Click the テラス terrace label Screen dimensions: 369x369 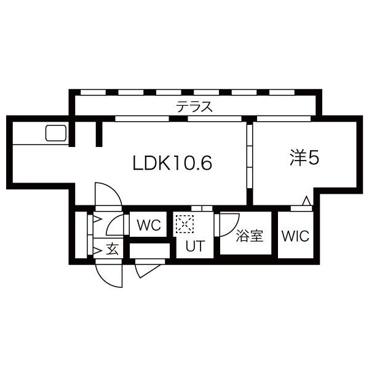click(194, 106)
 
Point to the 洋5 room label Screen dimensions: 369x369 click(304, 158)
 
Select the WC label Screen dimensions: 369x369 click(148, 225)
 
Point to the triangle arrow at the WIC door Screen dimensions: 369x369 click(306, 200)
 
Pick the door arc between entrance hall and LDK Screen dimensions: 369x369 click(108, 196)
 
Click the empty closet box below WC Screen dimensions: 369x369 click(149, 250)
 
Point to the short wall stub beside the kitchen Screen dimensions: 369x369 click(98, 134)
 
